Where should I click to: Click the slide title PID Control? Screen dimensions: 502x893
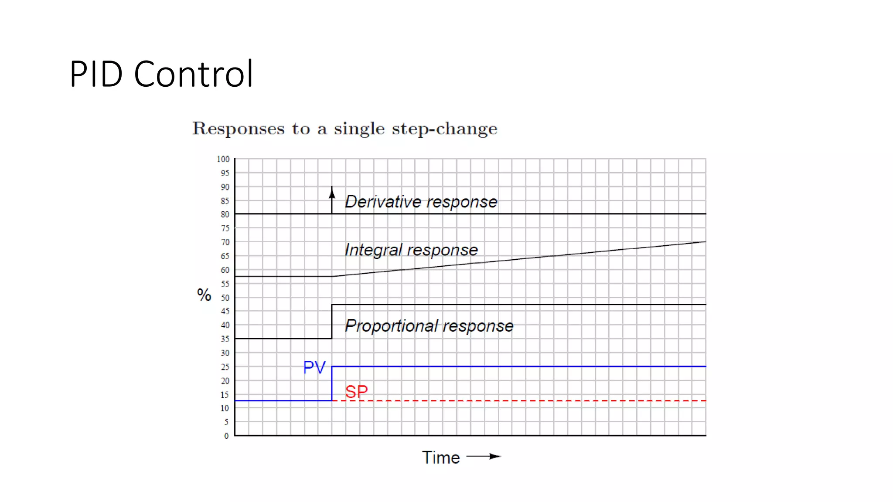click(161, 74)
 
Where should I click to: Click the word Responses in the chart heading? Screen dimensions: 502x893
click(239, 129)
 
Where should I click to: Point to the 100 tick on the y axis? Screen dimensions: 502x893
click(223, 159)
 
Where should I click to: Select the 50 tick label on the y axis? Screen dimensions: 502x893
click(225, 298)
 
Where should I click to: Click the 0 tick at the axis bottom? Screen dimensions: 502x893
click(226, 436)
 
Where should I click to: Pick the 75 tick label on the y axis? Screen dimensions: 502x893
click(225, 228)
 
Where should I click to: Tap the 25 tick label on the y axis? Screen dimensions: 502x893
click(225, 367)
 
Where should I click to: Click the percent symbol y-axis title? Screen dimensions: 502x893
click(204, 295)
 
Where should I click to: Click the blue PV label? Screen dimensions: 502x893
click(314, 367)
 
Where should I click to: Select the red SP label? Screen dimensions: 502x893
click(356, 391)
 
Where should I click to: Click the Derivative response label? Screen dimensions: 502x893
click(421, 202)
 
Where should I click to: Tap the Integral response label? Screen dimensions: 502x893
click(411, 250)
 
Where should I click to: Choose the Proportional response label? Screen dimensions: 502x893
click(429, 326)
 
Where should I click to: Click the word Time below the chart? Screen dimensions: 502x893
click(441, 458)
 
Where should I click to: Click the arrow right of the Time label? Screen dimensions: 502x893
click(484, 457)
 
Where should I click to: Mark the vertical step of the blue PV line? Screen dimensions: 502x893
click(332, 383)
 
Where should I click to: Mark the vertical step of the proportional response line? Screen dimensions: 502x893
click(332, 322)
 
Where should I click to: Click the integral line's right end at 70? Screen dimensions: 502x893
click(704, 242)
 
